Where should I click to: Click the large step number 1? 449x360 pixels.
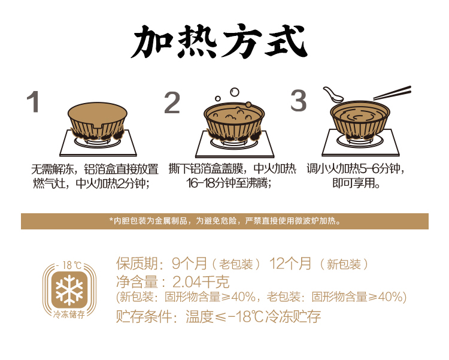[x=33, y=101]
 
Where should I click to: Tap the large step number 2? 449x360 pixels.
[x=172, y=102]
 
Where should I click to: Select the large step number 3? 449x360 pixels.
[x=298, y=100]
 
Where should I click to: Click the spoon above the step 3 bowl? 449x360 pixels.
[x=333, y=95]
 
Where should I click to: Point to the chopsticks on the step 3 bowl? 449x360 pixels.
[x=392, y=93]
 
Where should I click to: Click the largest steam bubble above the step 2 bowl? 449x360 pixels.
[x=235, y=92]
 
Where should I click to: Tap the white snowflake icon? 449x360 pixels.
[x=69, y=290]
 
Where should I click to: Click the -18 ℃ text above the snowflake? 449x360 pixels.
[x=69, y=265]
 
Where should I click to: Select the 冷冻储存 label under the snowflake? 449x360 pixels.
[x=69, y=314]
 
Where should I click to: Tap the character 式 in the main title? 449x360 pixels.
[x=286, y=41]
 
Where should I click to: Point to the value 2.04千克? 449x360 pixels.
[x=201, y=282]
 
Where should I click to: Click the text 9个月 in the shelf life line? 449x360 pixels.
[x=189, y=263]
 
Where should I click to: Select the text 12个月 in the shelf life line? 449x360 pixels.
[x=290, y=263]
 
